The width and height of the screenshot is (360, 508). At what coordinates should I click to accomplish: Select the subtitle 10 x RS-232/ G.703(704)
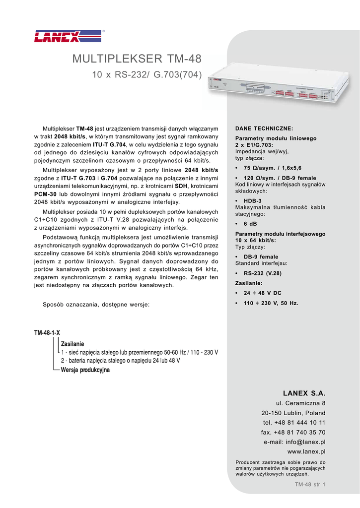147,76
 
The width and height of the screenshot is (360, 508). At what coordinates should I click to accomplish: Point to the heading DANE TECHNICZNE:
264,128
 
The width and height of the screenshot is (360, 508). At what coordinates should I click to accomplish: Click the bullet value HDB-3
252,201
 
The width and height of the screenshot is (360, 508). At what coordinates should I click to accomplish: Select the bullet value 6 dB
250,224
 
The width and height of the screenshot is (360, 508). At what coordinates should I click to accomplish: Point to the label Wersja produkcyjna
85,370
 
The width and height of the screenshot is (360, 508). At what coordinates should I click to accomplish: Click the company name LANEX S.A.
304,393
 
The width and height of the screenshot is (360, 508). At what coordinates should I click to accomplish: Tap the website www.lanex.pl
306,452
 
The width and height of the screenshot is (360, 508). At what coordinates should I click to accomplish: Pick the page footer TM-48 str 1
310,485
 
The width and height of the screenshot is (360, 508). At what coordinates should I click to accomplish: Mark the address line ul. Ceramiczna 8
300,403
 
